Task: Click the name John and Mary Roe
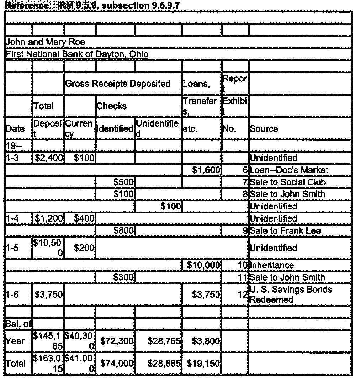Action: point(45,42)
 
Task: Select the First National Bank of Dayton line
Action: point(77,54)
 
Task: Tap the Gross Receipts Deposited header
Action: point(117,84)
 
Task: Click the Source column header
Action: point(264,129)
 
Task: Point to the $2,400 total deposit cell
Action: point(48,158)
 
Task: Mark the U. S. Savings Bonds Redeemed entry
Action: point(291,295)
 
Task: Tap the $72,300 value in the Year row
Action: point(117,341)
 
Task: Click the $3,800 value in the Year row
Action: point(206,341)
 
